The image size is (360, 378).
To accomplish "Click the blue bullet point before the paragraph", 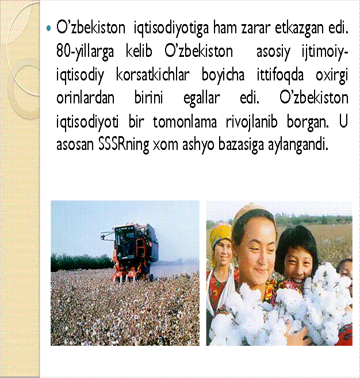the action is coord(49,29).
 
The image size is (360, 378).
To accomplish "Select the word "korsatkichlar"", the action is coord(153,75).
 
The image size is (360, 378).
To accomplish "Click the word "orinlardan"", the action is coord(85,98).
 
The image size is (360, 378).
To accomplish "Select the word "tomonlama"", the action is coord(185,122).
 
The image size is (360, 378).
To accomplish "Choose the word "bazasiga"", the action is coord(241,145).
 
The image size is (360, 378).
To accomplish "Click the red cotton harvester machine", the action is coord(131,253).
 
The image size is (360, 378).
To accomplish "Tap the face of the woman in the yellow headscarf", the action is coord(222,252).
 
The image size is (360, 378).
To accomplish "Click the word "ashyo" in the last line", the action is coord(198,145).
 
